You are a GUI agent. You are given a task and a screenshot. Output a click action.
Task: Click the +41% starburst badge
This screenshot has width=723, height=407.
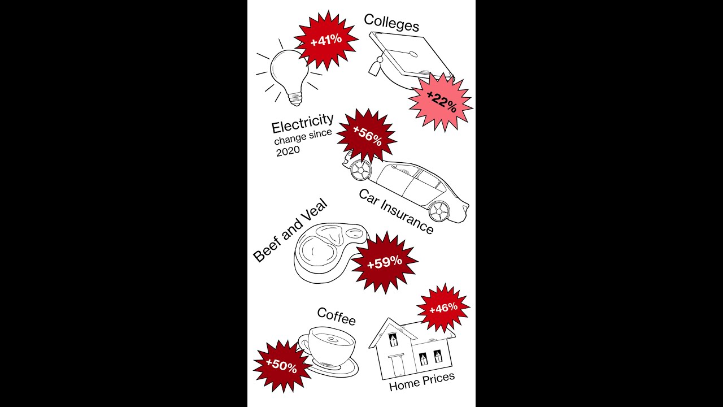(x=326, y=40)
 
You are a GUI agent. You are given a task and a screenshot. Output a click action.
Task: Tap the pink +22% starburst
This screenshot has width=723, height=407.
(x=441, y=102)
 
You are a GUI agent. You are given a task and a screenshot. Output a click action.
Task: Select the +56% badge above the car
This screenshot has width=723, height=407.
(x=367, y=136)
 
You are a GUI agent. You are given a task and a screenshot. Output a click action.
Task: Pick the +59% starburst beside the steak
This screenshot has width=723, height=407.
(x=385, y=262)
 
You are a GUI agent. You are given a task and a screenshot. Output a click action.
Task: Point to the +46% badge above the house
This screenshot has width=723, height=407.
(x=443, y=308)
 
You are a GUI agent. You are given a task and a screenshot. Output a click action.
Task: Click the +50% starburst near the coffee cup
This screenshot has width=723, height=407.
(x=281, y=366)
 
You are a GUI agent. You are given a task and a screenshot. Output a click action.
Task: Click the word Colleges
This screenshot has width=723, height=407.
(x=391, y=23)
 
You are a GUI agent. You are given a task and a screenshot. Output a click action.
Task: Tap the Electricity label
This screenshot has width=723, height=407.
(x=302, y=124)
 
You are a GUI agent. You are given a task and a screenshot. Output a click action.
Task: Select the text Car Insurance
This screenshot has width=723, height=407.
(x=396, y=211)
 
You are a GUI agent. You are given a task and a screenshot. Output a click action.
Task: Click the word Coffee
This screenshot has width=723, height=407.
(x=336, y=316)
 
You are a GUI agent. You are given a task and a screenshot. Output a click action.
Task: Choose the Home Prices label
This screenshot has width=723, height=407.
(x=422, y=382)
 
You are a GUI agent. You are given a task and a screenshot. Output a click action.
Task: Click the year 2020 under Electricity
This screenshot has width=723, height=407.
(x=288, y=151)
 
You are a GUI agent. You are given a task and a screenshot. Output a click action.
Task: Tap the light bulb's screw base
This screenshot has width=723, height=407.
(x=295, y=98)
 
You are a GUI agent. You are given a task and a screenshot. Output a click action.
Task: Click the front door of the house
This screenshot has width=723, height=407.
(x=397, y=367)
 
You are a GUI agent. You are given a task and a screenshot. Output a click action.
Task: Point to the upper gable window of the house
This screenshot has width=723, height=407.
(x=393, y=340)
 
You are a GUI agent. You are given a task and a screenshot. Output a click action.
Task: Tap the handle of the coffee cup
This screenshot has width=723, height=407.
(x=303, y=344)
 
